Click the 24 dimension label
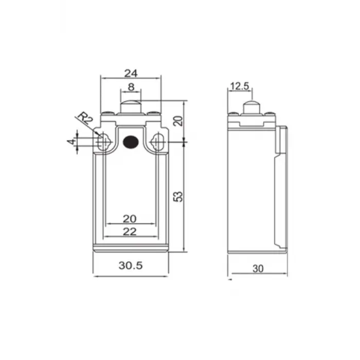click(x=130, y=73)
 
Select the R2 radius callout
click(x=85, y=120)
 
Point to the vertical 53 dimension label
click(x=178, y=196)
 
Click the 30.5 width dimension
click(x=130, y=266)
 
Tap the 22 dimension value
click(x=130, y=231)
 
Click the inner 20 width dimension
click(x=130, y=219)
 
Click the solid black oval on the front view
click(x=131, y=141)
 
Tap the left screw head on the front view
click(x=106, y=114)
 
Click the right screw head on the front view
click(x=154, y=114)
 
